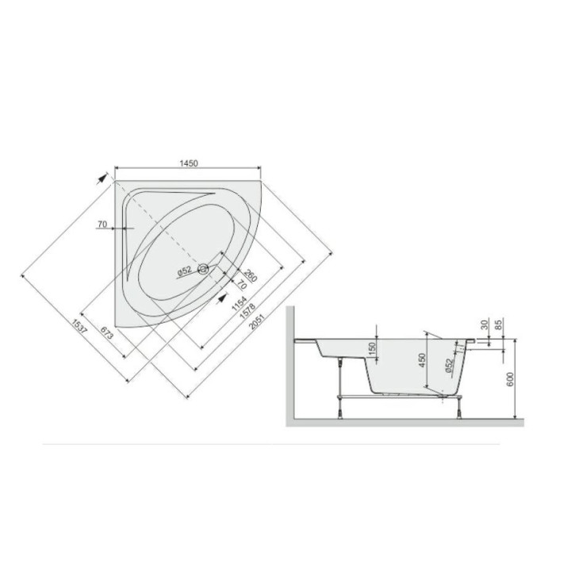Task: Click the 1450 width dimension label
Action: tap(188, 163)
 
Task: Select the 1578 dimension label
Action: tap(247, 312)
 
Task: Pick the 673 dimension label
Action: tap(107, 332)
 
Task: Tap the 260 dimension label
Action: tap(251, 275)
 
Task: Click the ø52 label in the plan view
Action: tap(185, 270)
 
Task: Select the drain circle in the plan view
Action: tap(203, 269)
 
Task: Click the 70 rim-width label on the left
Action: tap(102, 224)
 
